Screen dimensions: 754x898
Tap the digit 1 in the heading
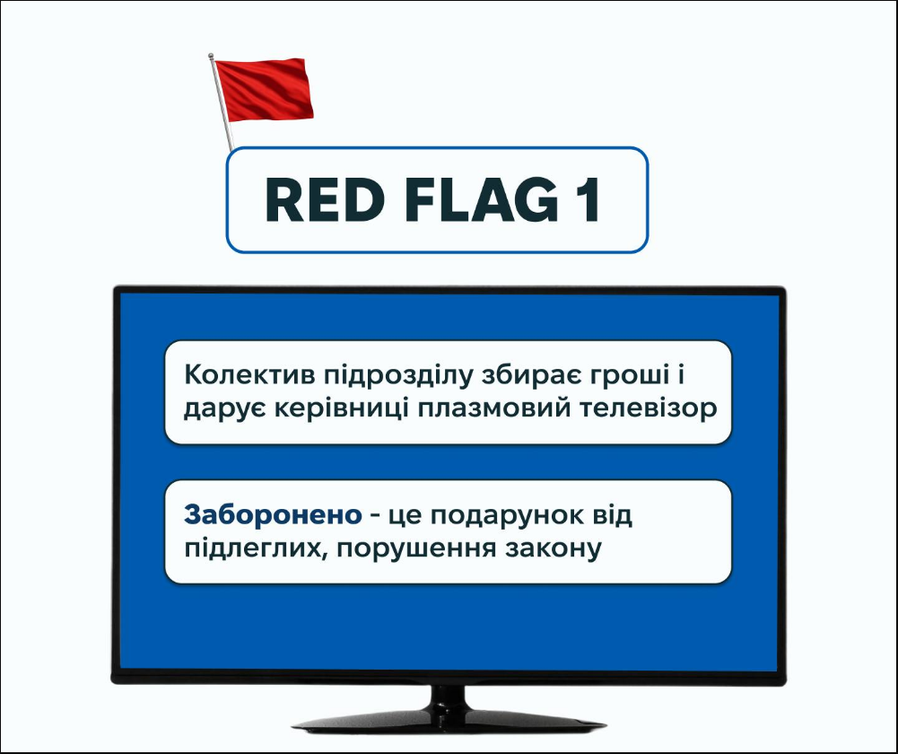pos(587,201)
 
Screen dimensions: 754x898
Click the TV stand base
pos(449,723)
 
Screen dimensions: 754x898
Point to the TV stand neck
pos(449,697)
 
